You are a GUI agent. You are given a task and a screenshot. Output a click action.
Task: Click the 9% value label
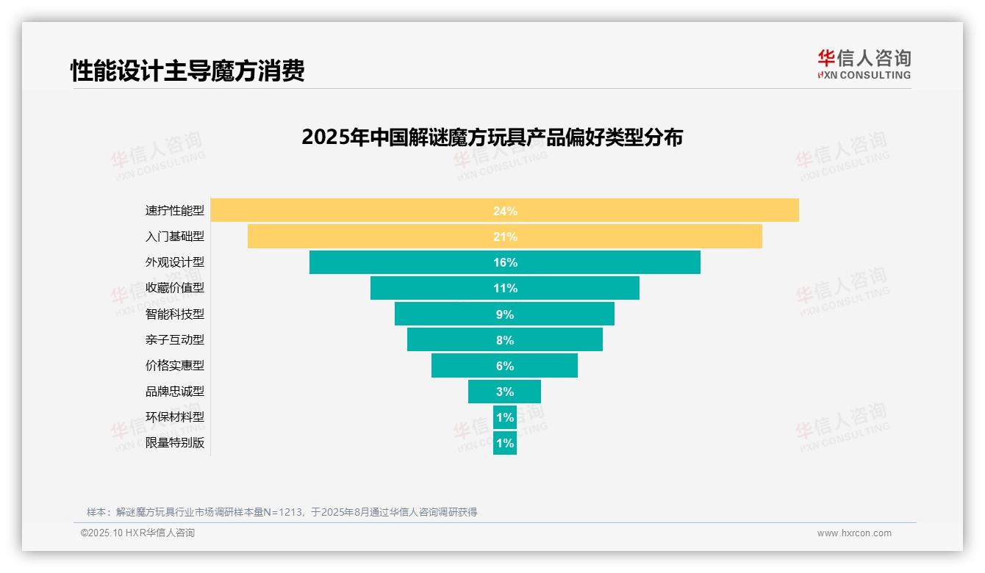(x=505, y=314)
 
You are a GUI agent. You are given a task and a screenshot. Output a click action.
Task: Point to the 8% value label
(x=505, y=340)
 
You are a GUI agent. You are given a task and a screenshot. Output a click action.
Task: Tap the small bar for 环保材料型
(x=505, y=417)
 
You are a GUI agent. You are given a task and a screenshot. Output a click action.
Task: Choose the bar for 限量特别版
(x=505, y=443)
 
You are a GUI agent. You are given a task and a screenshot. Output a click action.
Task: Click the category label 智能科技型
(x=174, y=314)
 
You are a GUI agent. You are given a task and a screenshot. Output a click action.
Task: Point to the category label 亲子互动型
(x=174, y=339)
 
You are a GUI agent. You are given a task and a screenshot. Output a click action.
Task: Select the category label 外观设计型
(x=174, y=262)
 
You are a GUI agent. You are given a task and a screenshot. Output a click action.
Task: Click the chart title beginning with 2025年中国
(x=492, y=137)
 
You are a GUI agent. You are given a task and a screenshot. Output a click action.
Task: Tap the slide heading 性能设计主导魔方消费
(x=187, y=71)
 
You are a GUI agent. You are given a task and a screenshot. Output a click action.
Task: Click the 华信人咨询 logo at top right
(x=864, y=64)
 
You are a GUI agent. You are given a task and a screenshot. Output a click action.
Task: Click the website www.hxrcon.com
(x=854, y=533)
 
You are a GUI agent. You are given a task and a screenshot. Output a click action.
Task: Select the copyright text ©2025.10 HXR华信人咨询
(x=137, y=533)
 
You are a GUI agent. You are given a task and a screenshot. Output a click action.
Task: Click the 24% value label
(x=505, y=211)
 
